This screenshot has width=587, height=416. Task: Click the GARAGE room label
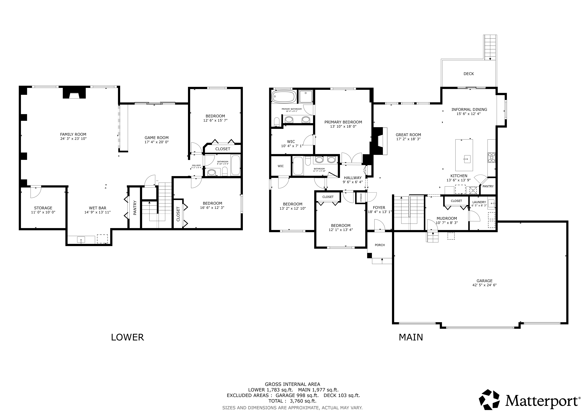pyautogui.click(x=484, y=281)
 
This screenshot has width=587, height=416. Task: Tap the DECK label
pyautogui.click(x=469, y=74)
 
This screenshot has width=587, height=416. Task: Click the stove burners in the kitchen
pyautogui.click(x=491, y=158)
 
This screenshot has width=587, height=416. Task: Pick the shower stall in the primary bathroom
pyautogui.click(x=306, y=97)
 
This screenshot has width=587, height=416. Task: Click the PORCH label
pyautogui.click(x=380, y=245)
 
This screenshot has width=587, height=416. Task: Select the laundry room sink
pyautogui.click(x=491, y=204)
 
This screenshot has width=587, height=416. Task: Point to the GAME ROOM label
pyautogui.click(x=156, y=138)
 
